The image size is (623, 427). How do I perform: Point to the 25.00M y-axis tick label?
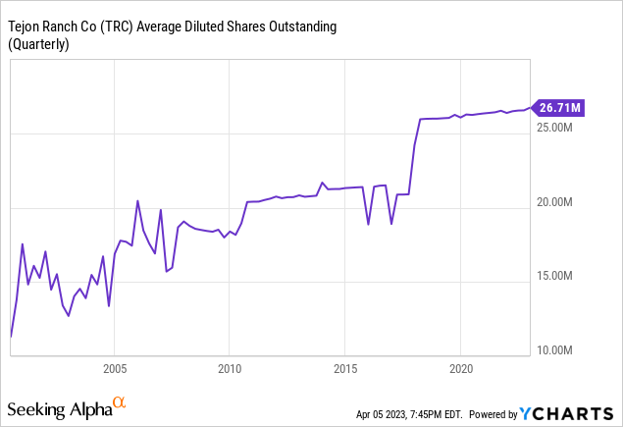[558, 128]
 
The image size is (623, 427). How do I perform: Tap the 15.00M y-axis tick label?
[558, 277]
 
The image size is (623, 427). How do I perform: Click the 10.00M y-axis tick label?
[558, 350]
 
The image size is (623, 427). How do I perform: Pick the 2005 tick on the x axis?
[114, 371]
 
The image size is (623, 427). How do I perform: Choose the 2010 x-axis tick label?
[230, 371]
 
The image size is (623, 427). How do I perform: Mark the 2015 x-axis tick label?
[344, 371]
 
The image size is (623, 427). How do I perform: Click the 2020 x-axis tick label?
[460, 371]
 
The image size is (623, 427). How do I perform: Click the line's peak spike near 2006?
[137, 200]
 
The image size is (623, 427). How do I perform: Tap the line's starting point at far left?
[11, 337]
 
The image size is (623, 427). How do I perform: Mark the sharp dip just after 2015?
[368, 224]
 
